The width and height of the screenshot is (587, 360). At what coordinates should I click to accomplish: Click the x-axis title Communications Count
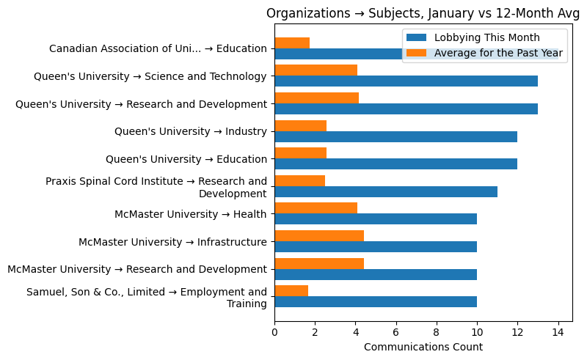pyautogui.click(x=423, y=347)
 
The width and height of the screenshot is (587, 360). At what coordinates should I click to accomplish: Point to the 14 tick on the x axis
pyautogui.click(x=558, y=331)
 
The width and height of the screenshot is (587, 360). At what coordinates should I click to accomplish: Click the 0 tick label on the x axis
pyautogui.click(x=274, y=331)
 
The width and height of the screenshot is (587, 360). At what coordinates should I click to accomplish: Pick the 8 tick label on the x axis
pyautogui.click(x=437, y=331)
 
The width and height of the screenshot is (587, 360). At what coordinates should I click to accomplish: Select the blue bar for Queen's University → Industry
pyautogui.click(x=395, y=136)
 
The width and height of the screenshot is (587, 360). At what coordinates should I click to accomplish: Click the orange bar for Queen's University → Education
pyautogui.click(x=300, y=153)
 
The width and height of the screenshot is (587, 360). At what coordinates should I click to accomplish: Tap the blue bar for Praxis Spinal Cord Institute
pyautogui.click(x=386, y=191)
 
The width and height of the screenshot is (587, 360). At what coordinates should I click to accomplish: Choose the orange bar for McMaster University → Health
pyautogui.click(x=316, y=208)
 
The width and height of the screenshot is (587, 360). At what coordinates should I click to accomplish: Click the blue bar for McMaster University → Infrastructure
pyautogui.click(x=376, y=246)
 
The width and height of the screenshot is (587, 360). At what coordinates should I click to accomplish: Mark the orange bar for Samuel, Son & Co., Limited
pyautogui.click(x=291, y=291)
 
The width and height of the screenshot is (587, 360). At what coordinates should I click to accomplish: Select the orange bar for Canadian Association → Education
pyautogui.click(x=292, y=43)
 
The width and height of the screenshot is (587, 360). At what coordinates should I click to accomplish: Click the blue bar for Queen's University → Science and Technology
pyautogui.click(x=406, y=81)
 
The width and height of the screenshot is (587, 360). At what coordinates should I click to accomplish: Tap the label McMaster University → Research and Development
pyautogui.click(x=137, y=269)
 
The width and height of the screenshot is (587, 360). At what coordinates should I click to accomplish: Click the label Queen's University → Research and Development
pyautogui.click(x=141, y=104)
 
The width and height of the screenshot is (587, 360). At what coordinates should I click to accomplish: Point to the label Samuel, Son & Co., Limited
pyautogui.click(x=147, y=298)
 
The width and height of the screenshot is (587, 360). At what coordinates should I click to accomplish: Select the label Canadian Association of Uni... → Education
pyautogui.click(x=158, y=49)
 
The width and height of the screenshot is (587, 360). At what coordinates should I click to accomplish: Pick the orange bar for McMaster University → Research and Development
pyautogui.click(x=319, y=263)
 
